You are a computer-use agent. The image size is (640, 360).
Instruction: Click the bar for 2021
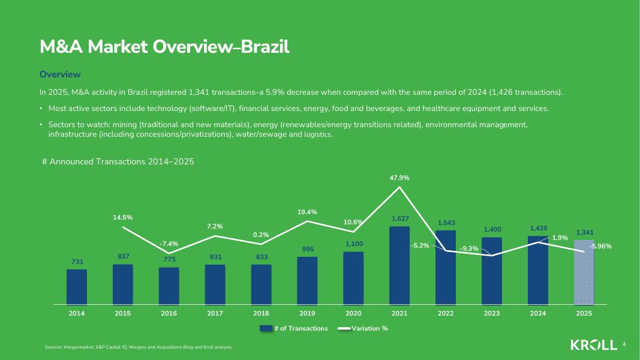pos(399,265)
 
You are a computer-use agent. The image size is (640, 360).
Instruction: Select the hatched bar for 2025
pos(584,272)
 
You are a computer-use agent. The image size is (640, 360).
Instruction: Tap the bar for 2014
pos(77,287)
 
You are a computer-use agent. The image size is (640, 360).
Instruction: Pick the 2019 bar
pos(307,281)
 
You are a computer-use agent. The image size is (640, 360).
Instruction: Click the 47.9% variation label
pos(399,178)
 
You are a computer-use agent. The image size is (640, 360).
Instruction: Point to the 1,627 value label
pos(400,219)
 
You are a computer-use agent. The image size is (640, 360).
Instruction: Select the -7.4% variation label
pos(169,244)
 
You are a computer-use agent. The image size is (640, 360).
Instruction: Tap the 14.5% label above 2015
pos(122,217)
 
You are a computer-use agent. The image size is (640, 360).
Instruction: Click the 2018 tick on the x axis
pos(261,314)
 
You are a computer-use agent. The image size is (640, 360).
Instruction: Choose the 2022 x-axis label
pos(446,314)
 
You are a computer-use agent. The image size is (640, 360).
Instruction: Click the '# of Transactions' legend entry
pos(294,328)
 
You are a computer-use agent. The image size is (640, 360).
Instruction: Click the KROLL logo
pos(593,345)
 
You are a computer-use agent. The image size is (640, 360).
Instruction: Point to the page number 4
pos(624,344)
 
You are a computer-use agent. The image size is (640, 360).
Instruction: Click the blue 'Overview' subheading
pos(60,74)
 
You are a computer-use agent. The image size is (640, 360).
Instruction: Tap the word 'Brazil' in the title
pos(265,47)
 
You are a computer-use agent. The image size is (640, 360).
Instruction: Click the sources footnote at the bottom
pos(138,347)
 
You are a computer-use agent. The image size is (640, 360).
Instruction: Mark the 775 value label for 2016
pos(169,259)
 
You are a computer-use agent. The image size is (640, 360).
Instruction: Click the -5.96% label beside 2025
pos(600,246)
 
